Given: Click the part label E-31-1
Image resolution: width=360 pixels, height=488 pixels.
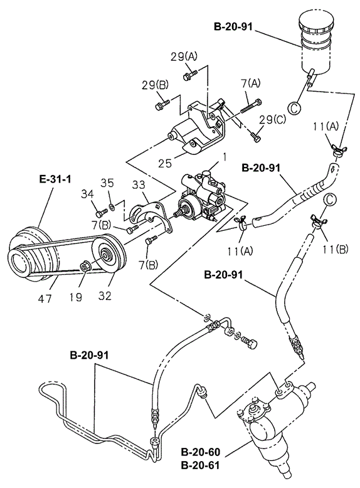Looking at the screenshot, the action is (x=55, y=179).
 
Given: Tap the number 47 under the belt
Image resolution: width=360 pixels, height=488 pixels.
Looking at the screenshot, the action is (x=45, y=299).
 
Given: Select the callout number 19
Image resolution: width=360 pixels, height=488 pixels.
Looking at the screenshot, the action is (x=75, y=297).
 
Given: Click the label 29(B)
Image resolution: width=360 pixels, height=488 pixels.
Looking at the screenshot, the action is (x=155, y=85).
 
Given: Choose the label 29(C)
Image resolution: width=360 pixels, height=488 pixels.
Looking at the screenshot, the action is (x=273, y=120).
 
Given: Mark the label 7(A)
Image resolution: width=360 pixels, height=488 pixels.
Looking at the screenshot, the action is (x=250, y=83).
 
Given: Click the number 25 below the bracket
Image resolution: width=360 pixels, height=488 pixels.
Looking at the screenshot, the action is (x=165, y=163).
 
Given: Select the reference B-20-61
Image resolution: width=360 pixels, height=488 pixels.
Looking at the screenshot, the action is (x=200, y=465).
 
